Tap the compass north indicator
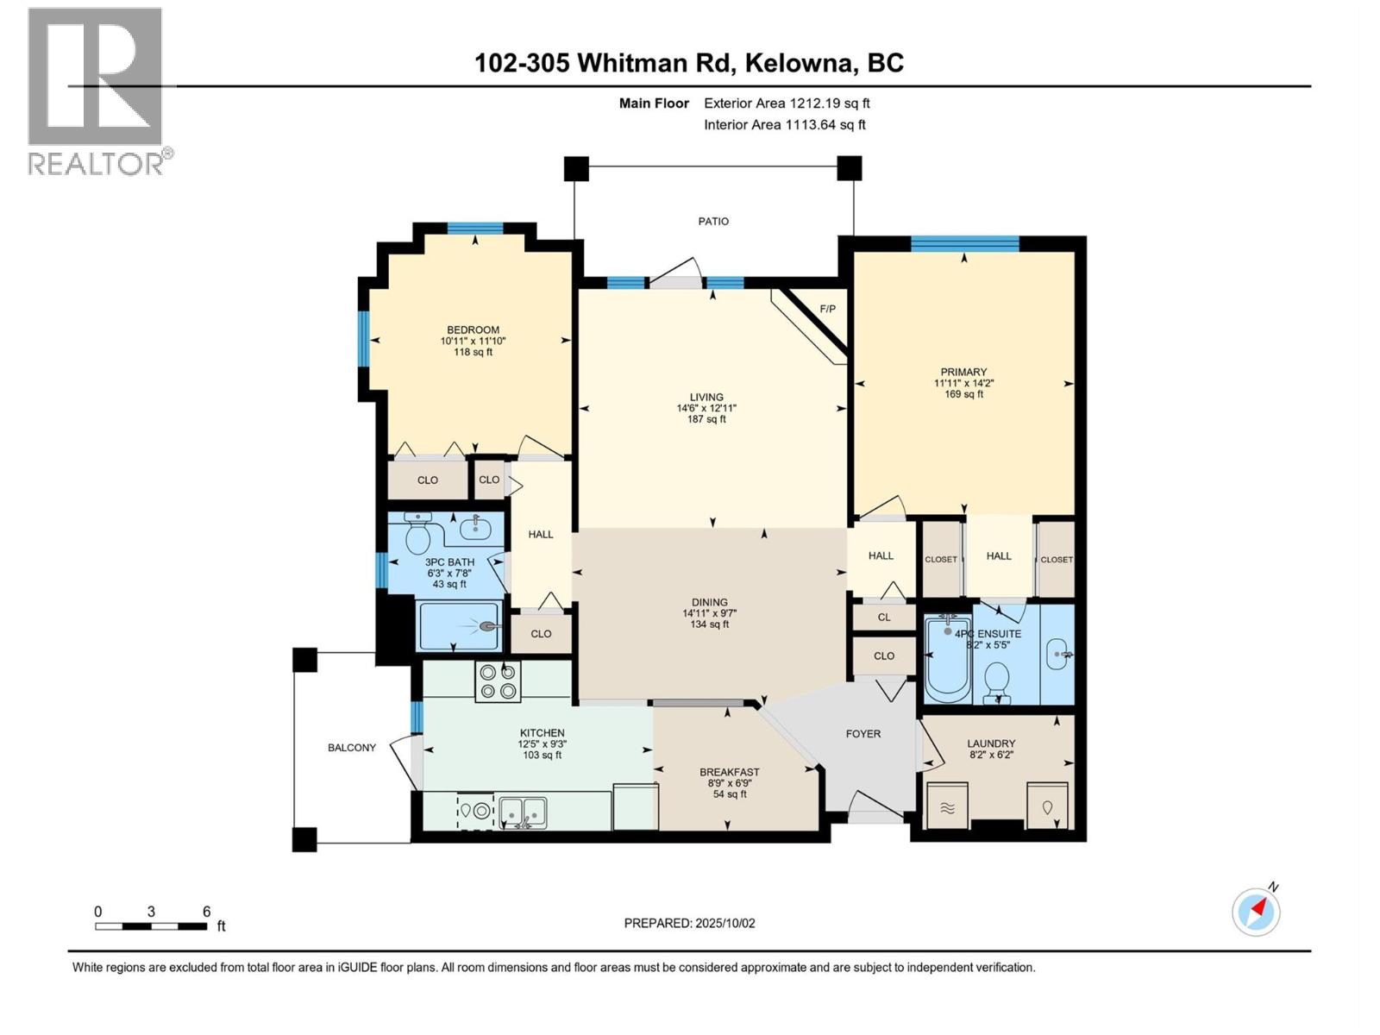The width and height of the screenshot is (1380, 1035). tap(1257, 911)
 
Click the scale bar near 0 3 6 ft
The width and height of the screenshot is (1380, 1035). tap(151, 926)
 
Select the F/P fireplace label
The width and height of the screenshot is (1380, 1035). tap(827, 309)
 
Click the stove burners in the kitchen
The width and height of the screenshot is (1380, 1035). tap(498, 681)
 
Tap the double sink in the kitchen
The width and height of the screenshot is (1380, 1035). tap(523, 811)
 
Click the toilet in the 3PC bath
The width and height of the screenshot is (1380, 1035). tap(417, 536)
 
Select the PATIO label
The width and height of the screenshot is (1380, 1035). tap(713, 222)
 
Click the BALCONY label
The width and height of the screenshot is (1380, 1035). tap(352, 748)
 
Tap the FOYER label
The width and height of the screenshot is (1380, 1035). tap(862, 734)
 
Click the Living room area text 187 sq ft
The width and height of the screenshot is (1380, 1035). tap(706, 419)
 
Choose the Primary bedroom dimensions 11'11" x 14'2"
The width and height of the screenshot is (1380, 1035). tap(963, 383)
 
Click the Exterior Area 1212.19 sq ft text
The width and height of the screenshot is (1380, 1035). tap(787, 103)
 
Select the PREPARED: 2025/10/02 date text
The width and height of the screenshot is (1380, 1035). tap(689, 923)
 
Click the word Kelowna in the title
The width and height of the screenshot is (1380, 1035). tap(798, 63)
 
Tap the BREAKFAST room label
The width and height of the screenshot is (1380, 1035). tap(729, 772)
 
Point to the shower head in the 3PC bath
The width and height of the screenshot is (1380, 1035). tap(489, 627)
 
